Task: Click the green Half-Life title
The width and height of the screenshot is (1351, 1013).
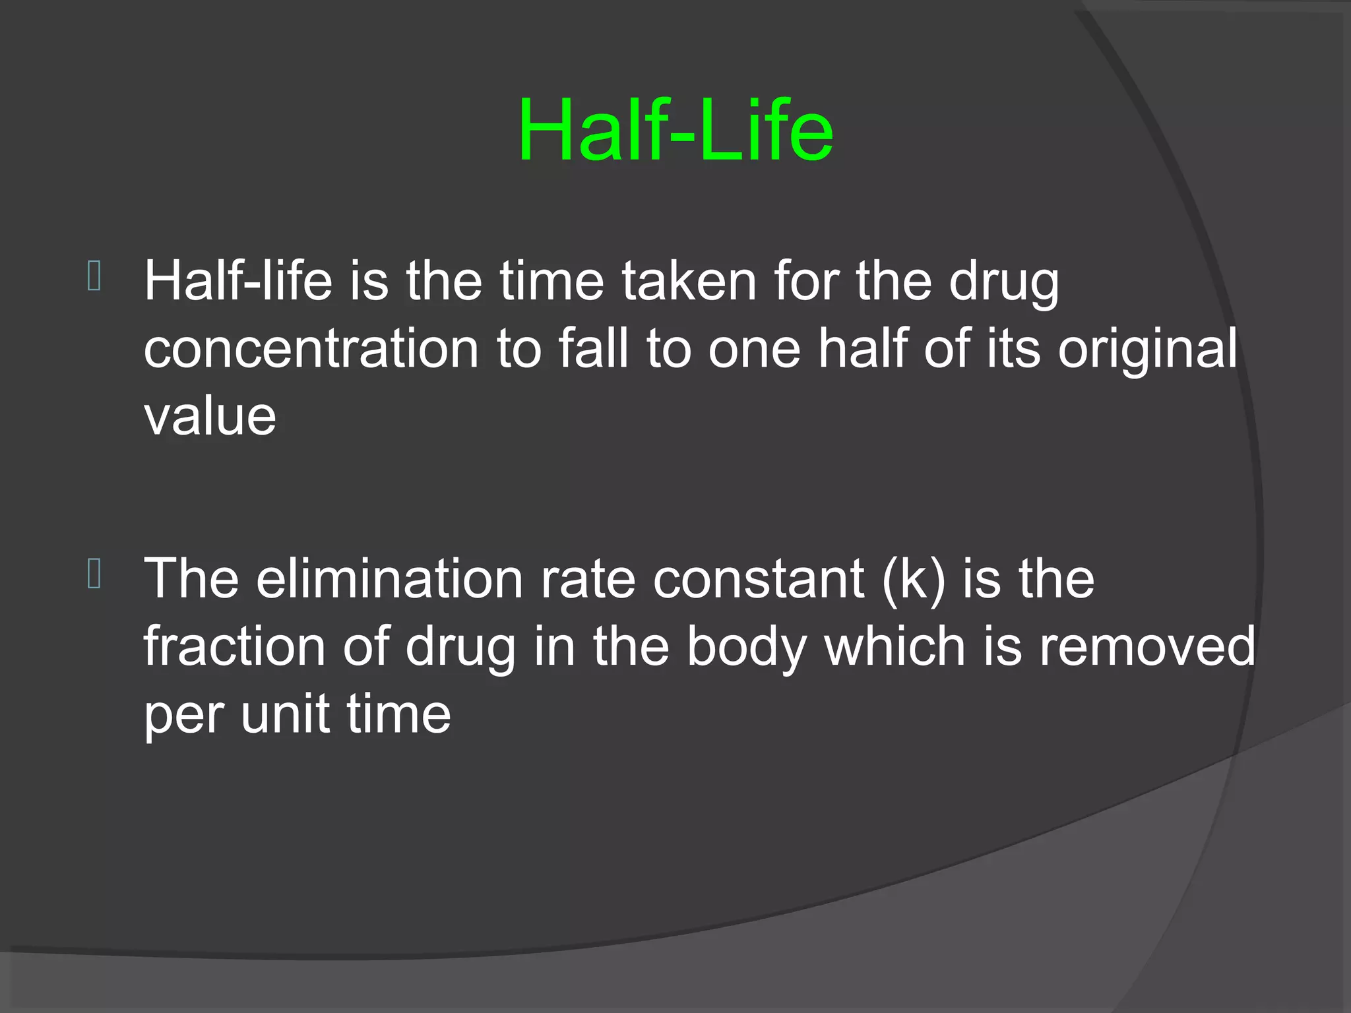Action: click(x=675, y=130)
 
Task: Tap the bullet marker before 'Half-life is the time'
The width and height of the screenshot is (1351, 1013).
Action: click(x=94, y=276)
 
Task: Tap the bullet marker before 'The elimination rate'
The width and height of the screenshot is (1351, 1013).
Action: click(x=94, y=574)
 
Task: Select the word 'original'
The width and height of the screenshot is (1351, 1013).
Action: click(x=1148, y=350)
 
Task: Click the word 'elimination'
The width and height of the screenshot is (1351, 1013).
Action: click(x=389, y=578)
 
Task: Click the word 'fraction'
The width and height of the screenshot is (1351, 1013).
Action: click(x=234, y=646)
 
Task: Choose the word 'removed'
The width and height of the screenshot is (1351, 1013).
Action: click(x=1147, y=646)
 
